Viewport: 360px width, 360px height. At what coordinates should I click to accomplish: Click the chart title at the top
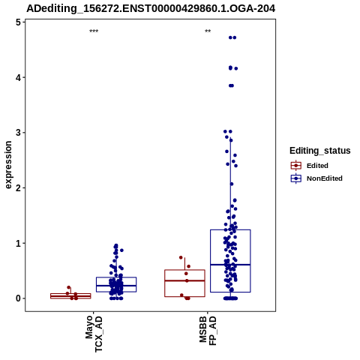(x=151, y=8)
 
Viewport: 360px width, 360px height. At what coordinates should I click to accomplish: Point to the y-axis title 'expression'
(x=8, y=165)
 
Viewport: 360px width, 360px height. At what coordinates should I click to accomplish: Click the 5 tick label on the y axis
(x=18, y=22)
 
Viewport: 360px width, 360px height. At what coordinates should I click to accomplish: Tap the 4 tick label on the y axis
(x=18, y=78)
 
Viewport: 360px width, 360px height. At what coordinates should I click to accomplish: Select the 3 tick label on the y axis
(x=18, y=133)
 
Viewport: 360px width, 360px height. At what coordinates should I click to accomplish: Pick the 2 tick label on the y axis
(x=18, y=188)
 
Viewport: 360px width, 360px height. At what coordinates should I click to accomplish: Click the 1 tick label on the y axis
(x=18, y=243)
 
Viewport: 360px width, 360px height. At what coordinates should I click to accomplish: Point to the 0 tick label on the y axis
(x=18, y=298)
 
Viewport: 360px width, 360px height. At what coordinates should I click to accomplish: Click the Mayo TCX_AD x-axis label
(x=94, y=333)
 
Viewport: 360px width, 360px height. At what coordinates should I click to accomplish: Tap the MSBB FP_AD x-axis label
(x=208, y=331)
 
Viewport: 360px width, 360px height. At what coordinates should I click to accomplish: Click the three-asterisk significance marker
(x=94, y=31)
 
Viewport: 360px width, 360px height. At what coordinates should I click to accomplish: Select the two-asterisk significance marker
(x=208, y=31)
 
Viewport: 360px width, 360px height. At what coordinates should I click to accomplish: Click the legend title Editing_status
(x=320, y=151)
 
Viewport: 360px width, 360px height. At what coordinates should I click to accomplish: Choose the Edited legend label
(x=317, y=166)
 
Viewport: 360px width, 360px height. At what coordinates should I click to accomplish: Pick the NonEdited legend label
(x=325, y=178)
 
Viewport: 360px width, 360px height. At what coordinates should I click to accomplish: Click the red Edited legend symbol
(x=296, y=166)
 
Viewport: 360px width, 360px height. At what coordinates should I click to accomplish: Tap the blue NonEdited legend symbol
(x=296, y=178)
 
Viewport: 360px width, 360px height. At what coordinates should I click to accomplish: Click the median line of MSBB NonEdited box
(x=230, y=265)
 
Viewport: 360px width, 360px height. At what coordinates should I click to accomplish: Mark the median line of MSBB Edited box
(x=184, y=280)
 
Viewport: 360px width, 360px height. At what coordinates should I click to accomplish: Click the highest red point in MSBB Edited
(x=181, y=257)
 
